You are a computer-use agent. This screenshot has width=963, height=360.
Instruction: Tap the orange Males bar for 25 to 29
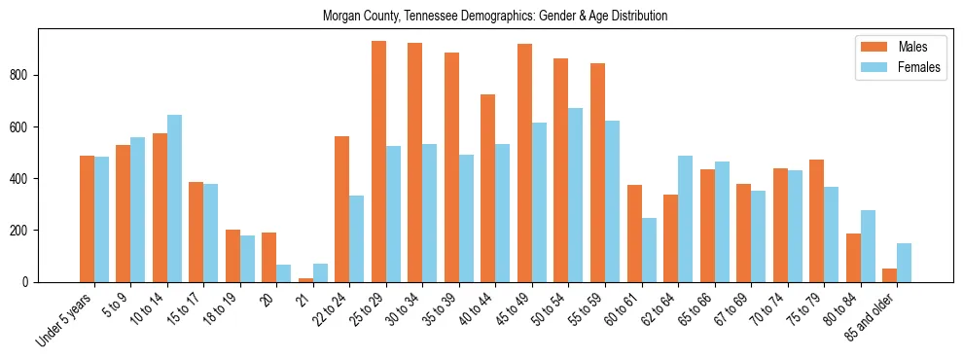point(378,162)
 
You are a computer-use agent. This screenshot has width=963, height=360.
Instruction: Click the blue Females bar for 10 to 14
point(174,198)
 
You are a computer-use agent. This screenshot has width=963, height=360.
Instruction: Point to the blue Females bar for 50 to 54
point(576,195)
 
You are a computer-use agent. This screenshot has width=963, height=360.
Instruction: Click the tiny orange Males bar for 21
point(305,280)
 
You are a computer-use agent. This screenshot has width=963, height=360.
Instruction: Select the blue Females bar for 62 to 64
point(686,219)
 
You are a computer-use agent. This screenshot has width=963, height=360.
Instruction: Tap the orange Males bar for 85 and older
point(889,275)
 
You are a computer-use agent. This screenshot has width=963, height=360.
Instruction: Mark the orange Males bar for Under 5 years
point(87,219)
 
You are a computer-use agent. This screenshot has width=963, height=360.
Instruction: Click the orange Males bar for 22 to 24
point(341,209)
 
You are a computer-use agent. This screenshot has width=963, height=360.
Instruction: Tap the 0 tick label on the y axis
point(29,282)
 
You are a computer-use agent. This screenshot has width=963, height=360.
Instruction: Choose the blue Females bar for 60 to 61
point(649,250)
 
